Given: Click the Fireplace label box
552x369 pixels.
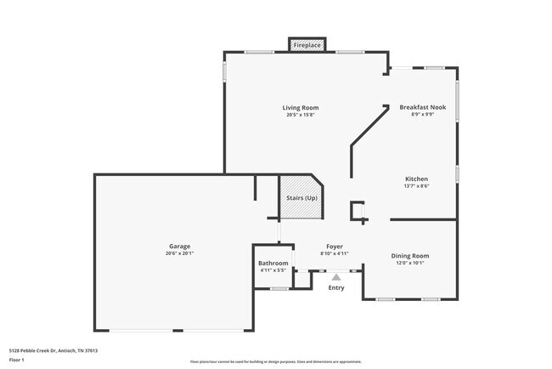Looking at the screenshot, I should (307, 44).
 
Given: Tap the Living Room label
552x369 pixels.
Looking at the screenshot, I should (301, 107).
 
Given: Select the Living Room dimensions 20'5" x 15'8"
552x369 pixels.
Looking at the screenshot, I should (301, 115).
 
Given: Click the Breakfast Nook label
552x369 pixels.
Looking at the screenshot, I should (422, 107).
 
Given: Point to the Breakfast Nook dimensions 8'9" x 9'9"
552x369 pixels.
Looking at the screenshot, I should (422, 115).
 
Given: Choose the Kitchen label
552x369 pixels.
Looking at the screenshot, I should (416, 179).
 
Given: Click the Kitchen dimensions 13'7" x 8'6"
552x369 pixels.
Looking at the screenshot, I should (416, 186).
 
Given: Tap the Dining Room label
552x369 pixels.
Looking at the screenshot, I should (409, 255).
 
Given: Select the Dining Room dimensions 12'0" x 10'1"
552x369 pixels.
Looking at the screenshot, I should (409, 263).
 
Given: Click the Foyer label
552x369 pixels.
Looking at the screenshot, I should (335, 246).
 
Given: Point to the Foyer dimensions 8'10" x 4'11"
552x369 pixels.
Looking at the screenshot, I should (335, 253).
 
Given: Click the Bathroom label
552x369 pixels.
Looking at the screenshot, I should (273, 263).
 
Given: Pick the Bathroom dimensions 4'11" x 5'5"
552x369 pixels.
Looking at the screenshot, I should (273, 270).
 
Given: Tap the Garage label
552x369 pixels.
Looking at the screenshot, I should (179, 246).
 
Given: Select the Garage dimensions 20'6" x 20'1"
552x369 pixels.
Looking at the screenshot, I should (179, 253).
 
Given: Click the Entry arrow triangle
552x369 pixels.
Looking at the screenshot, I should (336, 276).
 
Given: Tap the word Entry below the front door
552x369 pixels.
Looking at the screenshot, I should (336, 287).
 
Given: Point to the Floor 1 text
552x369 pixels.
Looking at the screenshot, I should (18, 360).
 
